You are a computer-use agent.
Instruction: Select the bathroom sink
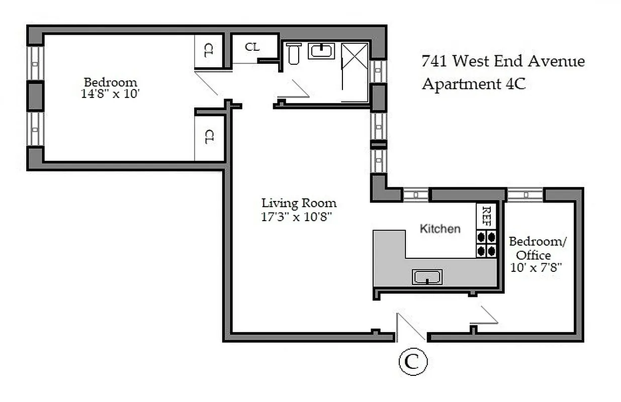321,51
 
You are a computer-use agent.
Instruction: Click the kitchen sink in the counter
427,277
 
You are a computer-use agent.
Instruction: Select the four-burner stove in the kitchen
486,243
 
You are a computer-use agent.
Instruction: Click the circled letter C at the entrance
413,362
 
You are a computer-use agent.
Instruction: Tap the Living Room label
299,204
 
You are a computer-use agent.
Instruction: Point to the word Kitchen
440,229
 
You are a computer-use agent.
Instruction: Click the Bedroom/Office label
538,248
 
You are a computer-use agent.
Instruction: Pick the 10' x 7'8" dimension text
535,268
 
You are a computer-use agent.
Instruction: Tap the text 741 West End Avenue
503,62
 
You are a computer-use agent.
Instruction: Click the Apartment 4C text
473,84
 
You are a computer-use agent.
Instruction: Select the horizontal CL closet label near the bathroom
252,47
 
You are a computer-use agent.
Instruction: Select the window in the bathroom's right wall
378,70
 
